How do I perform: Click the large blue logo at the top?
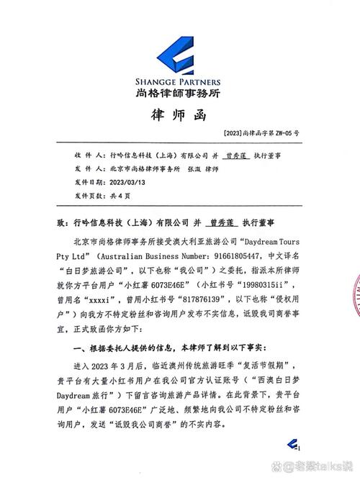click(180, 47)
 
